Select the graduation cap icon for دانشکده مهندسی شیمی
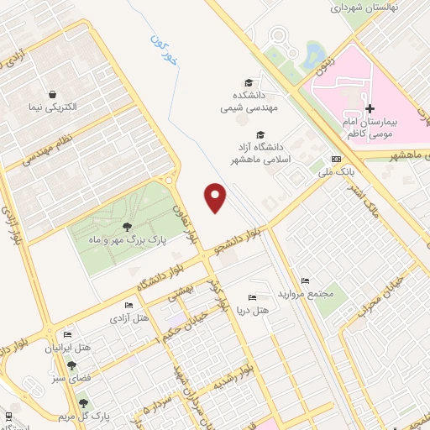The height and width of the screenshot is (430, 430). (248, 82)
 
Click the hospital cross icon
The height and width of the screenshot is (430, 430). (370, 108)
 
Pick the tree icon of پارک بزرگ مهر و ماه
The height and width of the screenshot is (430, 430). (127, 227)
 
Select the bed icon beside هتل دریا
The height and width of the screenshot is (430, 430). (252, 298)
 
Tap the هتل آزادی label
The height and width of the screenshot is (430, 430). (128, 319)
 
